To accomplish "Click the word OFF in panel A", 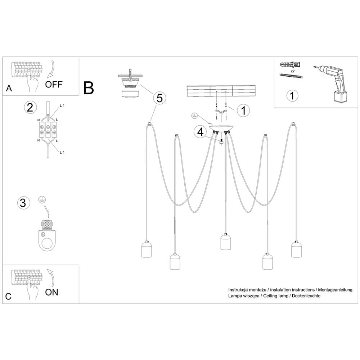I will click(x=54, y=85).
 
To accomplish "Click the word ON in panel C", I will click(x=52, y=292).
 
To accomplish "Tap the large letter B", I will click(x=89, y=87).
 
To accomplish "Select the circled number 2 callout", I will click(x=30, y=107).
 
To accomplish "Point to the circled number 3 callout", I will click(x=23, y=203).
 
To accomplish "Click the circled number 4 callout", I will click(x=199, y=132).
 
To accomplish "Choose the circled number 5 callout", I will click(x=159, y=97).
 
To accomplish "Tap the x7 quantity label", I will click(x=292, y=72).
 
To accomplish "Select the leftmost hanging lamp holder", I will click(x=147, y=249).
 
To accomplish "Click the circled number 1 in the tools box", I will click(x=292, y=96).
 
